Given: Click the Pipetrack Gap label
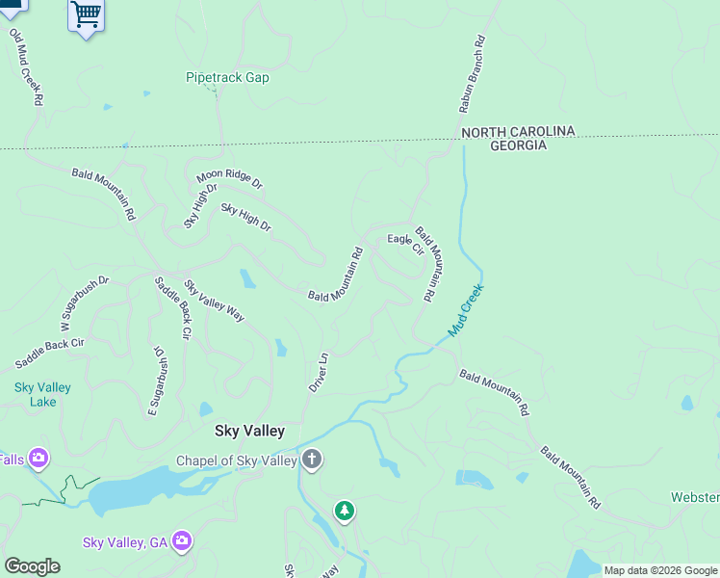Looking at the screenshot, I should [227, 77].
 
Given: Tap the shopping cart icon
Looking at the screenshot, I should [86, 14].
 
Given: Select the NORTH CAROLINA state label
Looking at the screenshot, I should [517, 131].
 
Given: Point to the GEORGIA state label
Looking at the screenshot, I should [518, 145].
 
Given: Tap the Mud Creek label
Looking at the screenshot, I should [466, 309].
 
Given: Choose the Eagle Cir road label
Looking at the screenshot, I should [405, 244].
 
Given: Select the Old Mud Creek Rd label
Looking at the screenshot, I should [27, 67].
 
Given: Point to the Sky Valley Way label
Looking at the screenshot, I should [215, 300].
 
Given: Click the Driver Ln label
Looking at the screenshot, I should [319, 371].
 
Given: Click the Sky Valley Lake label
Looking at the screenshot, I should [42, 394].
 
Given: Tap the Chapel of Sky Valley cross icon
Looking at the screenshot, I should [311, 459].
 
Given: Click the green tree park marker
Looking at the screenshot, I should [345, 510].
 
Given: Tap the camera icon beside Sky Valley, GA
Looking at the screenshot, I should [183, 541].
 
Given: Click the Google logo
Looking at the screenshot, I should [32, 566].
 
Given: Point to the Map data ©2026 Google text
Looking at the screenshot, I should [660, 570].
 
